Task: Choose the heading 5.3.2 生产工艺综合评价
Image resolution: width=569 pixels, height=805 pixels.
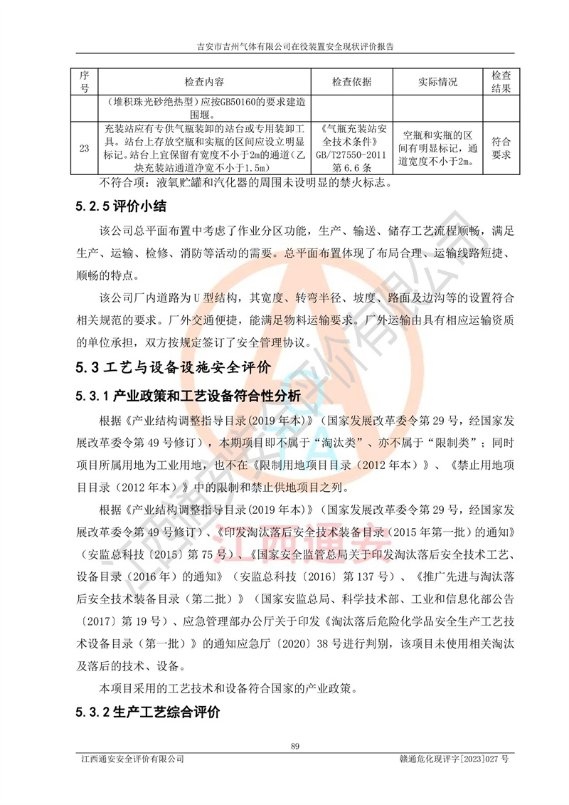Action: (147, 712)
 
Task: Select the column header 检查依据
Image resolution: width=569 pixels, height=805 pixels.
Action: (351, 83)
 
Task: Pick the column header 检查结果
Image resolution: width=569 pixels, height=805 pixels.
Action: (501, 83)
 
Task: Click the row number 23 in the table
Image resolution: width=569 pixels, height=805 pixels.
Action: (84, 148)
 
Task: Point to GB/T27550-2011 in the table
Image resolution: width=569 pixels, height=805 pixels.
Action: (351, 154)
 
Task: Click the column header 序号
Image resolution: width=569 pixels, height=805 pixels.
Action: (84, 83)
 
